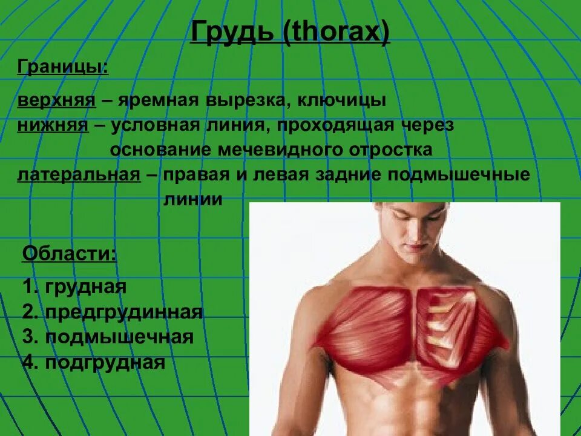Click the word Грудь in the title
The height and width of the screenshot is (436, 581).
(x=232, y=32)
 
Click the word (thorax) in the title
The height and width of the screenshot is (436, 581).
(x=336, y=32)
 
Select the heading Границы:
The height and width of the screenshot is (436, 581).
(x=63, y=67)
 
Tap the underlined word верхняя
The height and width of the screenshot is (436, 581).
(x=56, y=100)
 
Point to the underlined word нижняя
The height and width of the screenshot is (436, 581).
(x=53, y=125)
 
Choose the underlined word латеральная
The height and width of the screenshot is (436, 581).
(x=79, y=175)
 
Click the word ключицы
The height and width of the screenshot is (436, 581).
(x=353, y=100)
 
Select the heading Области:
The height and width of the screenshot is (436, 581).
(x=69, y=253)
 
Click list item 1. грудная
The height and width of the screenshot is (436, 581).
(x=74, y=286)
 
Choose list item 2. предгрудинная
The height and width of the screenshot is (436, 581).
(x=113, y=312)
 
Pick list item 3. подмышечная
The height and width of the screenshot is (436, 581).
(x=108, y=337)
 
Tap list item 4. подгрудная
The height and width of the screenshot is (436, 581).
(x=94, y=362)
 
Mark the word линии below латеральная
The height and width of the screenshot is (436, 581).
(x=192, y=199)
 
